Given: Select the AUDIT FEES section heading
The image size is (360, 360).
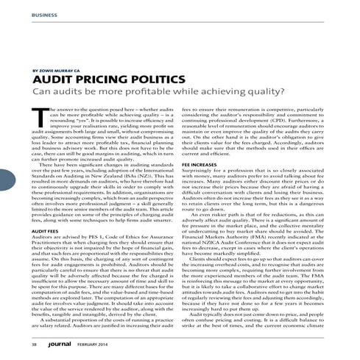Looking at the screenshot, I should [x=43, y=209].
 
